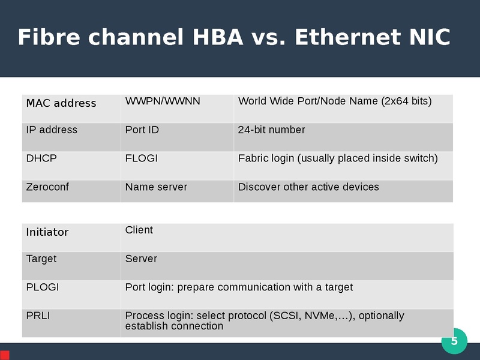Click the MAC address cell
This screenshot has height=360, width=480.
click(x=71, y=109)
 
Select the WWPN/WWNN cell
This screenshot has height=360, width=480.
click(x=177, y=109)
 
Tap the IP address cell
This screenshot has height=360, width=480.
click(x=71, y=137)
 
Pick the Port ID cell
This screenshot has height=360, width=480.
click(x=177, y=137)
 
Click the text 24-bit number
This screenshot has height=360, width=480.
click(x=272, y=130)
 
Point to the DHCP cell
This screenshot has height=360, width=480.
click(x=71, y=166)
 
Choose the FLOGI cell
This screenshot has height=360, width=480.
click(x=177, y=166)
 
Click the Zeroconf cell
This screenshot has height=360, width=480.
click(x=71, y=191)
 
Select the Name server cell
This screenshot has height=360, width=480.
click(x=177, y=191)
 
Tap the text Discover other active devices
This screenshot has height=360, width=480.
click(x=308, y=187)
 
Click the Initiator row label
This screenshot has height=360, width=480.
click(x=47, y=232)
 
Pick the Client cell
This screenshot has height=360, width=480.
click(x=287, y=238)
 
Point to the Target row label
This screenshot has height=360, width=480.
click(x=41, y=259)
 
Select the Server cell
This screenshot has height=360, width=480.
click(x=287, y=266)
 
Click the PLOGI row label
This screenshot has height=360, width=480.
click(x=43, y=287)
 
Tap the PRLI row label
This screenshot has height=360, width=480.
click(x=38, y=316)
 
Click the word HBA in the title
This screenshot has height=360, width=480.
click(x=218, y=37)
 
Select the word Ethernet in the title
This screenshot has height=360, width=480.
click(x=347, y=37)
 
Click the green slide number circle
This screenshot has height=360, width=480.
click(x=454, y=341)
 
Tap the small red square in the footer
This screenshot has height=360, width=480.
click(x=5, y=355)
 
